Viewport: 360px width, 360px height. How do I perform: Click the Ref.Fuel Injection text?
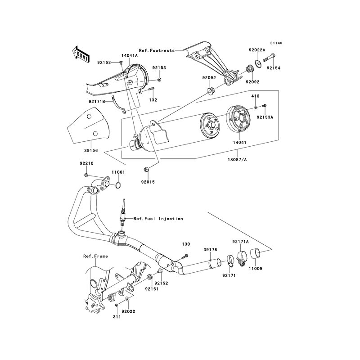(158, 219)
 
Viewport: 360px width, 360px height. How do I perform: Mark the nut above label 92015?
(147, 170)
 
